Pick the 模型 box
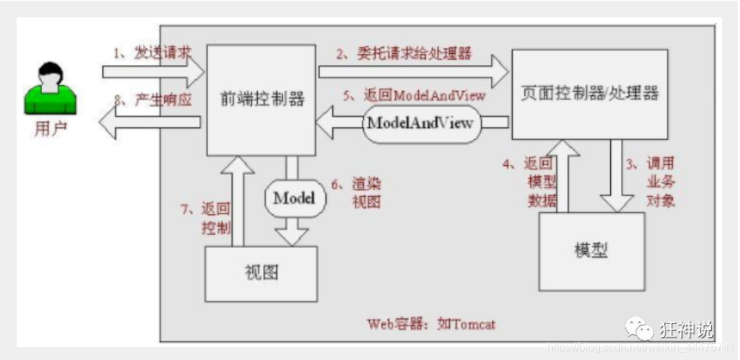[591, 250]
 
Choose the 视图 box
[261, 273]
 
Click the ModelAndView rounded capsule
[421, 123]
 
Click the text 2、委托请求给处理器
[404, 54]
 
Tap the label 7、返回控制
[207, 218]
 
